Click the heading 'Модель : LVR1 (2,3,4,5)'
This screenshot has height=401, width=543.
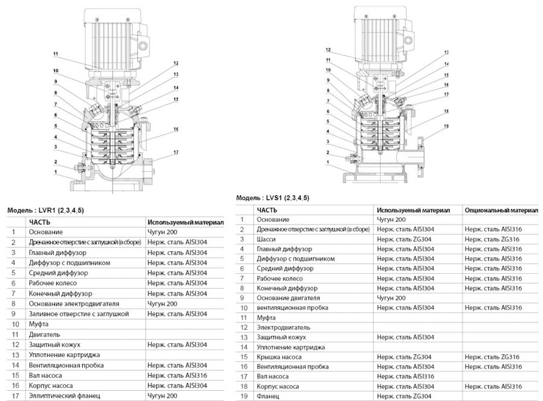(45, 210)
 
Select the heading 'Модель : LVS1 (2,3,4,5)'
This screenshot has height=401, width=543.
(273, 198)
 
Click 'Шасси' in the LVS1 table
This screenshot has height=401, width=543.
(266, 239)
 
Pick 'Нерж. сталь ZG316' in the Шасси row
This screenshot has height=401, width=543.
(492, 239)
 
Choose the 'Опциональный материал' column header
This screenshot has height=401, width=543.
(501, 210)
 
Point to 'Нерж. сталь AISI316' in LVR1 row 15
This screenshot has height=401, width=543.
(177, 376)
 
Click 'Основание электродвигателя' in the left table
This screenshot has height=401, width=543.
(74, 304)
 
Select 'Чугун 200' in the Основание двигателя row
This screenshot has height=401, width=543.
(392, 298)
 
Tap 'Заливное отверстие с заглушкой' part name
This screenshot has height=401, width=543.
(79, 314)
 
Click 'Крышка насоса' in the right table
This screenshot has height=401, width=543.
(279, 357)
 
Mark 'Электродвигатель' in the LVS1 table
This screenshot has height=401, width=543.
(284, 327)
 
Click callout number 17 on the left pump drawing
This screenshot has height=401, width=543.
(176, 152)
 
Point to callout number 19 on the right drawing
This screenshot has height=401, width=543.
(446, 126)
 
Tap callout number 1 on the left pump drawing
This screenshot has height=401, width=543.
(56, 172)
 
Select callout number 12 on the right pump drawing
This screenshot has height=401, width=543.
(328, 50)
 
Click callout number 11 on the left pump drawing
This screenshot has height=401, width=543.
(56, 54)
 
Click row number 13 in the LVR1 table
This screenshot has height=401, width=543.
(15, 355)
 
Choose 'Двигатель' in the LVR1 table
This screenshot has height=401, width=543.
(44, 335)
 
